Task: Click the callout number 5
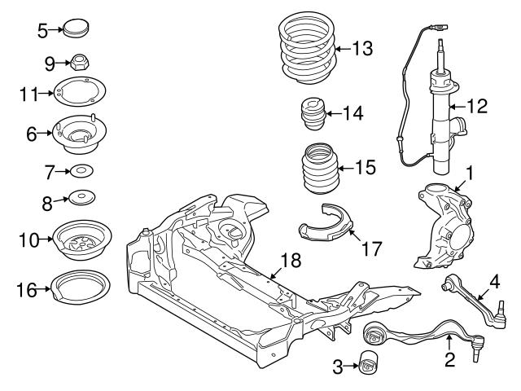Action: coord(43,31)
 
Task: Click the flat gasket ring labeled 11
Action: coord(81,94)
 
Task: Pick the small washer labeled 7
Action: coord(81,171)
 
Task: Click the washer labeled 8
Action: coord(81,199)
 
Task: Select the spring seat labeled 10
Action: coord(81,239)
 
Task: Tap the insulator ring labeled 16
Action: coord(81,288)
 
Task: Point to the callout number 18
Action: coord(291,261)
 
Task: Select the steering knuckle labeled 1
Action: coord(442,226)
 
